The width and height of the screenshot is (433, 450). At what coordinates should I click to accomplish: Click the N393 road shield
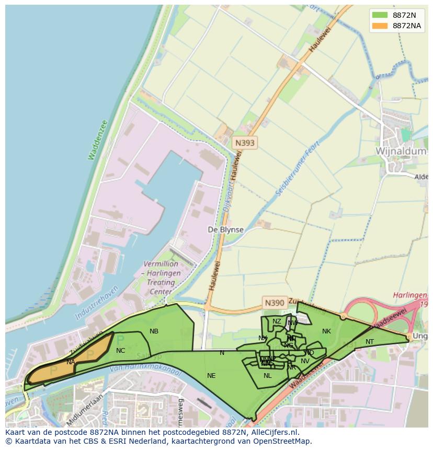tap(245, 142)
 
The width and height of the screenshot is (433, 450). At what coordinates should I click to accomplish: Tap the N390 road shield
tap(275, 303)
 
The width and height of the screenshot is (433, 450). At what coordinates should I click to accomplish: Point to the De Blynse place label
tap(225, 230)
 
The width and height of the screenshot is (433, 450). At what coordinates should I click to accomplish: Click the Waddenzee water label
tap(98, 140)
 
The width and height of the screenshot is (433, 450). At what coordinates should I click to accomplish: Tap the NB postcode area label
tap(154, 331)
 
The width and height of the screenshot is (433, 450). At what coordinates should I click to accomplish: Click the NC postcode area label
tap(120, 351)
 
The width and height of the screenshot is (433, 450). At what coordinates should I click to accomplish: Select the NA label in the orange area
tap(71, 362)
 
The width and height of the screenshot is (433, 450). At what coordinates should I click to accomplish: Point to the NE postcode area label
tap(211, 375)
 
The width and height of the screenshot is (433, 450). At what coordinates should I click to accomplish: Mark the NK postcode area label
tap(326, 331)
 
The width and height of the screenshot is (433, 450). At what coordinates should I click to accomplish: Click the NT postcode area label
tap(370, 342)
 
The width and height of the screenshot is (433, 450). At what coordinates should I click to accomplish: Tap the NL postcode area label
tap(267, 375)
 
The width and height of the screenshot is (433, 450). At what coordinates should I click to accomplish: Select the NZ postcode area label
tap(277, 321)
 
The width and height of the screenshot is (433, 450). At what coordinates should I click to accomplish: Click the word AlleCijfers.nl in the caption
tap(272, 432)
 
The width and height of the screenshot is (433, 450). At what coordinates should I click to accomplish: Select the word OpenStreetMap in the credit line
tap(285, 441)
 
